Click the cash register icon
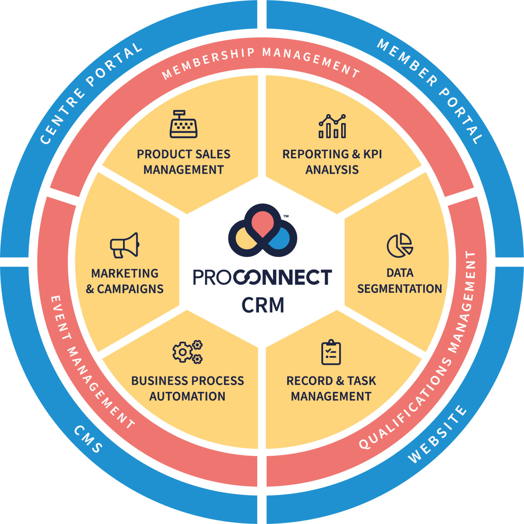[184, 125]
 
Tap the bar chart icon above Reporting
[332, 126]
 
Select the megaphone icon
[125, 245]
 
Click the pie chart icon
[400, 245]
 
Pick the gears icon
[187, 352]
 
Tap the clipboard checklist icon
[331, 352]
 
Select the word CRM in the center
[263, 305]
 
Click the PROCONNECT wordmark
[262, 277]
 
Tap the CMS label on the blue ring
[88, 439]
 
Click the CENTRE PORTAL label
[91, 93]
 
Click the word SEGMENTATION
[399, 289]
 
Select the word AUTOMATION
[187, 396]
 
